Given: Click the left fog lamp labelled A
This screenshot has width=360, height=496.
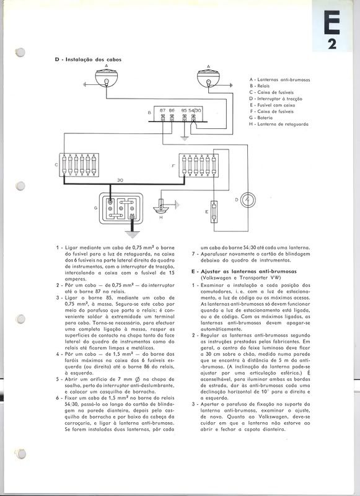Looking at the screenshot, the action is (x=106, y=78).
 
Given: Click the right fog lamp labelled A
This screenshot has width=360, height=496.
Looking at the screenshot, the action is (x=208, y=78).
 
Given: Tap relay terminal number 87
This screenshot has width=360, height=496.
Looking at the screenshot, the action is (x=163, y=110).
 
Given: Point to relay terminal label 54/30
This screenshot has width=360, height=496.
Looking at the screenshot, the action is (x=195, y=110).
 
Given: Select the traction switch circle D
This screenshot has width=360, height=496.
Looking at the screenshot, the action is (x=248, y=200).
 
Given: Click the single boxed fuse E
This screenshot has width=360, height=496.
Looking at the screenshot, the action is (x=214, y=211).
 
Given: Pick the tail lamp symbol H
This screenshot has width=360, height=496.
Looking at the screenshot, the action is (x=161, y=207).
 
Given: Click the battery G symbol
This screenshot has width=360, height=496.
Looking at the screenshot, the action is (x=121, y=209).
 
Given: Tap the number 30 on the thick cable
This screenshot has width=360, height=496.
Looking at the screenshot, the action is (x=120, y=180).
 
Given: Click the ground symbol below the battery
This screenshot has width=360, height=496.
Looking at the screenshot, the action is (x=132, y=234).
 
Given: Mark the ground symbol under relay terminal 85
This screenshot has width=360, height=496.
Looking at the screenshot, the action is (x=185, y=138).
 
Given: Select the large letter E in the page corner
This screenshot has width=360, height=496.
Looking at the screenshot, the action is (x=331, y=22).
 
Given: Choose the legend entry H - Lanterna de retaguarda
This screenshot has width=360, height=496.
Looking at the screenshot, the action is (x=278, y=125).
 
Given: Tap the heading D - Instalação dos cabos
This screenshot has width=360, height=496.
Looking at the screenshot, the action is (x=88, y=60).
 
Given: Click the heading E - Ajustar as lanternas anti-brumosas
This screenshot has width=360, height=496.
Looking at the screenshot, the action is (x=244, y=272).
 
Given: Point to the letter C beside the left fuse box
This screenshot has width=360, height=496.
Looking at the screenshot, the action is (x=56, y=164).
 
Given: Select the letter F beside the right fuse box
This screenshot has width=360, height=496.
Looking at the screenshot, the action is (x=173, y=165).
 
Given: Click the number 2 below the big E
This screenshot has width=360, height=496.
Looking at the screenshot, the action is (x=332, y=44).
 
